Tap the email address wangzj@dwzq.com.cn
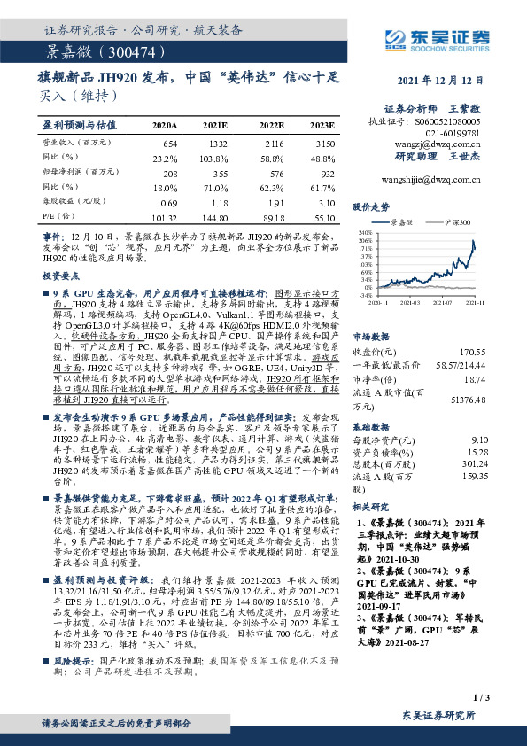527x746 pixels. [447, 141]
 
